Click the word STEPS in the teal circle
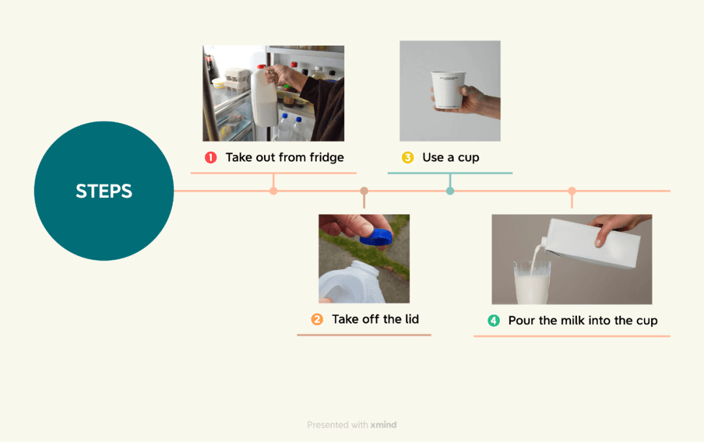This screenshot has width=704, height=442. tap(104, 191)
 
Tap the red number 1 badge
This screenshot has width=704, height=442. tap(211, 158)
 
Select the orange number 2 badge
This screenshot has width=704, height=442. tap(317, 319)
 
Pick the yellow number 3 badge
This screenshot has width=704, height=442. tap(407, 158)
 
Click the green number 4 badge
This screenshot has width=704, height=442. tap(494, 320)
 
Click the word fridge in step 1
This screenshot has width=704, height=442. tap(327, 158)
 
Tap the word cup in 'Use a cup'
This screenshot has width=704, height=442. tap(469, 158)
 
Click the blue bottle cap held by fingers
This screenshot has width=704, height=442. tap(376, 237)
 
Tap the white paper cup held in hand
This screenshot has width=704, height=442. tap(448, 90)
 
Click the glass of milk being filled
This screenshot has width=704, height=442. tap(532, 283)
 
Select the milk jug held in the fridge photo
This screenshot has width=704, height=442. tap(264, 97)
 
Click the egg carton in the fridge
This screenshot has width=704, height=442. tap(236, 79)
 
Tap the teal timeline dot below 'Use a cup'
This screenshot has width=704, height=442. tap(450, 191)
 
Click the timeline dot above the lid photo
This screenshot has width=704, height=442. tap(364, 191)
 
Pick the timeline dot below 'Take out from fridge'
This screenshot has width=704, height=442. tap(273, 191)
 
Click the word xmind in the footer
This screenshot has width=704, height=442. tap(383, 424)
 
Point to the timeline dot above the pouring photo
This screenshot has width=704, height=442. tap(572, 191)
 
